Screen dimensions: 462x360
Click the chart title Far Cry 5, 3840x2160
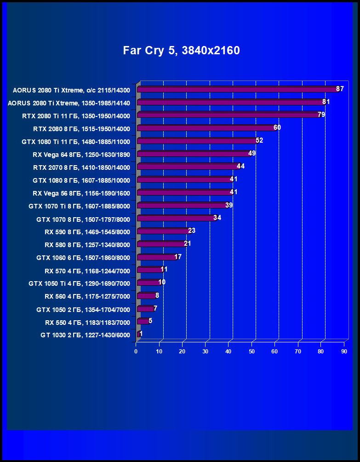point(181,51)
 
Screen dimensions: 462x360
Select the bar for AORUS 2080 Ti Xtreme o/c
point(237,89)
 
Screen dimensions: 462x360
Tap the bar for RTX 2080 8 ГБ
point(206,128)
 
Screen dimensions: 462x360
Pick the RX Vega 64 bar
point(194,154)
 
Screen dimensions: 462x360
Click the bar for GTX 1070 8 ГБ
point(176,218)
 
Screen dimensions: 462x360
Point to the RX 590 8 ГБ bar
point(163,231)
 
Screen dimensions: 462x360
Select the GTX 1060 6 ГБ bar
point(156,257)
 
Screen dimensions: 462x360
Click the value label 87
point(340,89)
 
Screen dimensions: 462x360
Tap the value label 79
point(321,115)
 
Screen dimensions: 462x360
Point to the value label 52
point(259,140)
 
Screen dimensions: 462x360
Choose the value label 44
point(240,166)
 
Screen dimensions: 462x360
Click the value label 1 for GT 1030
point(141,334)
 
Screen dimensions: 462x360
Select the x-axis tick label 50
point(251,352)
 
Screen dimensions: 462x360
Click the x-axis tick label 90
point(344,352)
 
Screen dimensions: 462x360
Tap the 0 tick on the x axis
point(136,352)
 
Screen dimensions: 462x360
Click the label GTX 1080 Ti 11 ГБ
point(76,141)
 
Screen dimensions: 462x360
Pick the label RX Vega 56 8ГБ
point(81,193)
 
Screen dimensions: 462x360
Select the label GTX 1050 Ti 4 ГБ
point(79,283)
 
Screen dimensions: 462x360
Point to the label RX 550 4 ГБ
point(87,322)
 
